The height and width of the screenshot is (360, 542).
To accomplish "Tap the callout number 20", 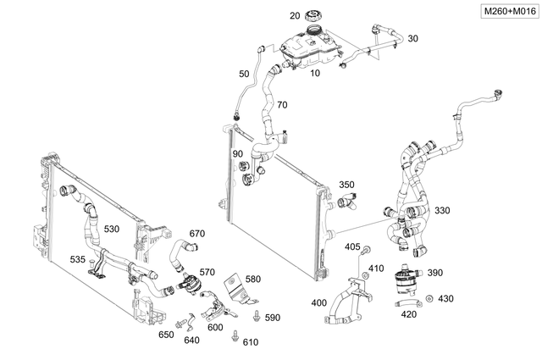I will [295, 16].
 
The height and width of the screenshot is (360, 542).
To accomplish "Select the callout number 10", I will [315, 74].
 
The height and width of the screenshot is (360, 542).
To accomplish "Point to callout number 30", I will [412, 39].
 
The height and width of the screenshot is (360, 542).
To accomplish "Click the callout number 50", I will [244, 75].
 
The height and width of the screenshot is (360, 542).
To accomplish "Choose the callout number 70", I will [282, 105].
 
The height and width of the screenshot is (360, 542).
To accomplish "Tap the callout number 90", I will [237, 153].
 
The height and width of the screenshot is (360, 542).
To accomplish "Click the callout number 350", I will [347, 185].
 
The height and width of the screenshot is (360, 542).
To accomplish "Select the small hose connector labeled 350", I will [347, 202].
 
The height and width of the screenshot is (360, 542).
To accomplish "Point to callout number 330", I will [442, 211].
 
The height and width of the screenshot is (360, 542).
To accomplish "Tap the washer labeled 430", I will [430, 299].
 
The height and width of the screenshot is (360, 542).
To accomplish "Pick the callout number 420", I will [408, 314].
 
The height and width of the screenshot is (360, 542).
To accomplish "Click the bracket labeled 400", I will [347, 305].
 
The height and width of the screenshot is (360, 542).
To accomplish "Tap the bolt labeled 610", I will [233, 337].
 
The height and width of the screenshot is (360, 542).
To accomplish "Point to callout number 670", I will [197, 234].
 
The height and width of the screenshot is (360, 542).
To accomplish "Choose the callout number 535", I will [77, 260].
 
